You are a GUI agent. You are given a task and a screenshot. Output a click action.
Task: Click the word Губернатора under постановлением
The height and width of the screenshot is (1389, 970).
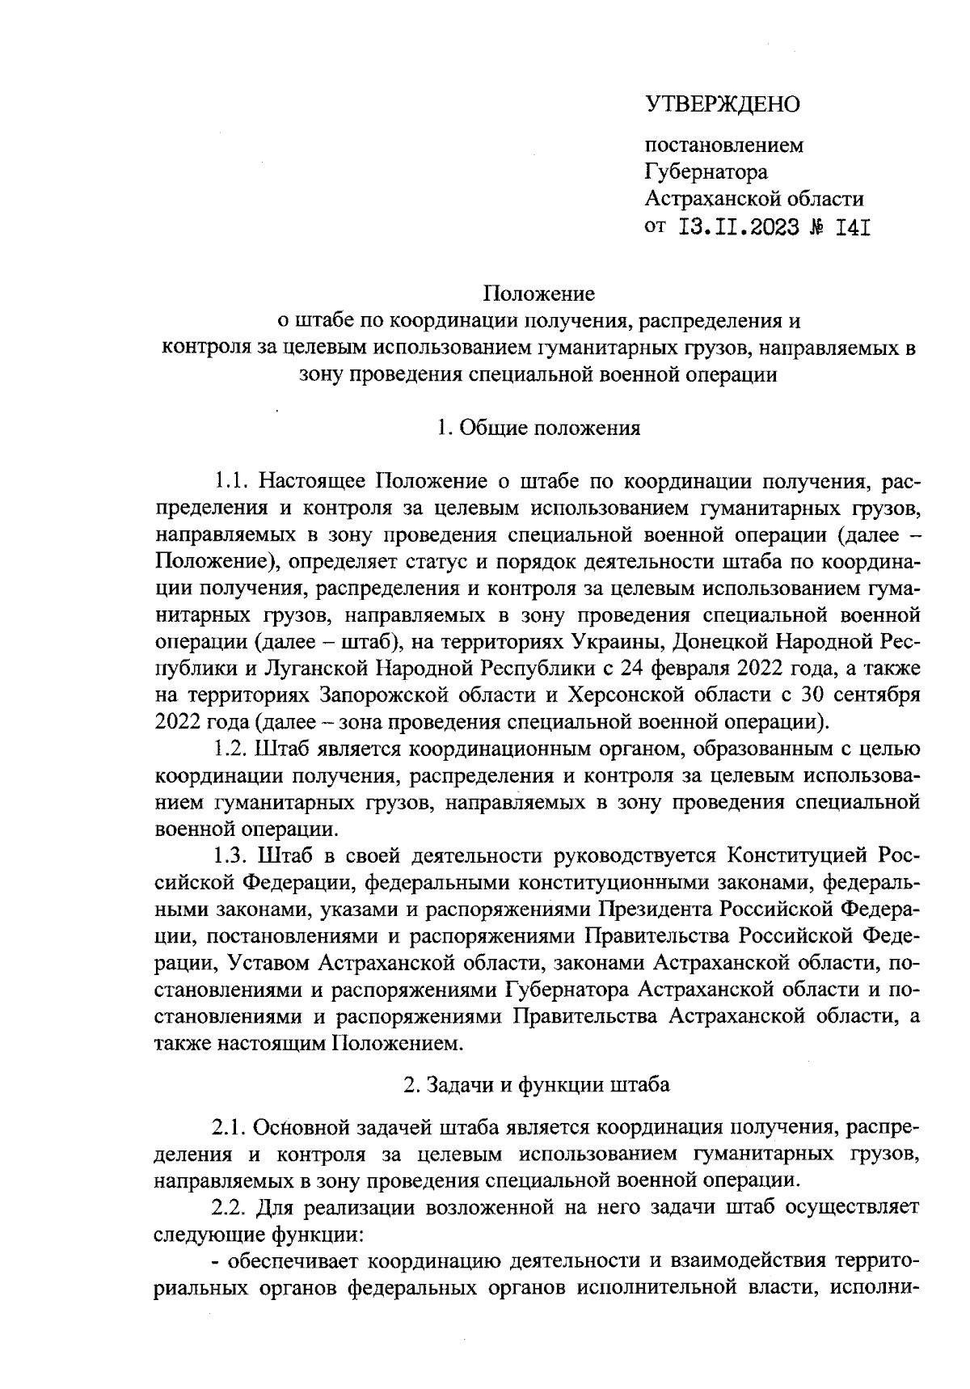click(706, 172)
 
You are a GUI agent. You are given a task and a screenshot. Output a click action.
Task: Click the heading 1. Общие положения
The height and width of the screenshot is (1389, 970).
click(538, 428)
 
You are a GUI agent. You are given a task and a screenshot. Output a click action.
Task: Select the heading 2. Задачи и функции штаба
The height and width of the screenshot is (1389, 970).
click(537, 1085)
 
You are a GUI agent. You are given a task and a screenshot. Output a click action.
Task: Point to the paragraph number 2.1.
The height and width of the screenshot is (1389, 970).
click(230, 1126)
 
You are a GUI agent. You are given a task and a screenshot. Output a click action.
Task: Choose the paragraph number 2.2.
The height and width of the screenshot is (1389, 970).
click(230, 1207)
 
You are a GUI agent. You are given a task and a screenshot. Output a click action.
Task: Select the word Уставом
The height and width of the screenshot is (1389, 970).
click(268, 962)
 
